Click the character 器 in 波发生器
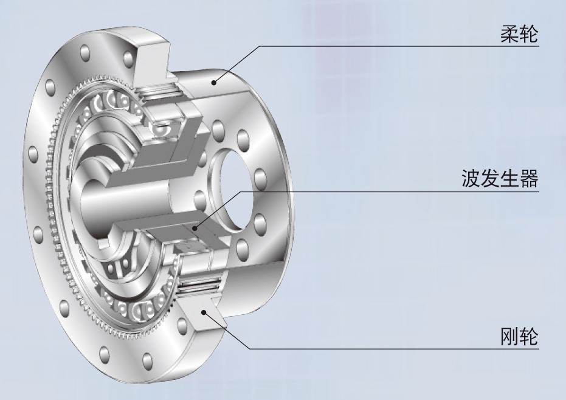529,179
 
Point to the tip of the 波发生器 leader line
195,229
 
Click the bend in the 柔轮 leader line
261,46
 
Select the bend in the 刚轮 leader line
249,348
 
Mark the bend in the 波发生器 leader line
241,191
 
